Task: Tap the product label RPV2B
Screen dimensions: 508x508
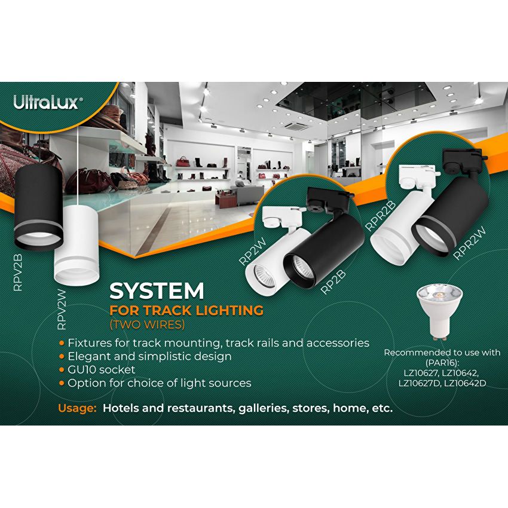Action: point(18,273)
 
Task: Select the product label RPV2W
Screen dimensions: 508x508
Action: point(62,310)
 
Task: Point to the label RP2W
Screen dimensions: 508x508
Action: point(252,252)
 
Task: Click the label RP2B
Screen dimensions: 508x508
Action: point(333,282)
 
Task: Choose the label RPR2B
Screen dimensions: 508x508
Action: point(380,216)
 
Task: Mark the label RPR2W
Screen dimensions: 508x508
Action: point(469,243)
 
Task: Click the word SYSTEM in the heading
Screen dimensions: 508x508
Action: point(157,290)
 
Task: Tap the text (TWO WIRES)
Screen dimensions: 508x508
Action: point(148,325)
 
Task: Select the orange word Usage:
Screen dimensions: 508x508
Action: point(78,408)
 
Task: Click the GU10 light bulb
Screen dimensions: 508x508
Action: point(440,313)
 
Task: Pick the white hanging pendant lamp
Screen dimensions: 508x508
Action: point(76,245)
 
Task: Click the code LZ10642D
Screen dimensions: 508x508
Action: point(465,383)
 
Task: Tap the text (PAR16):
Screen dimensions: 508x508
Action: point(442,363)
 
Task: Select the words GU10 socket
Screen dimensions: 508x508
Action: point(102,370)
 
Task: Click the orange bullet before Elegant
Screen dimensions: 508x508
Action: point(62,356)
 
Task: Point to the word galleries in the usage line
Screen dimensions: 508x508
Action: point(264,408)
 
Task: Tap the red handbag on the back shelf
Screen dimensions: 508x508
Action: point(183,162)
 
